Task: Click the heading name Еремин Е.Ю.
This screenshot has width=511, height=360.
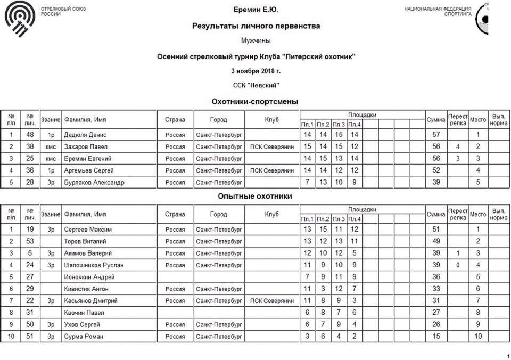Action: pos(256,10)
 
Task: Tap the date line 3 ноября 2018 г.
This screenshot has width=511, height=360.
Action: pos(256,71)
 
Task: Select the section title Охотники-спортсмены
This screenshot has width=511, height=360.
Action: pos(255,101)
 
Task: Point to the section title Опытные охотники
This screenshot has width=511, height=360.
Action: pos(255,196)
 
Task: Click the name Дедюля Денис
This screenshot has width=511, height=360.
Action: pos(85,135)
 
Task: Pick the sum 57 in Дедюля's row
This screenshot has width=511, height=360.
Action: pos(436,135)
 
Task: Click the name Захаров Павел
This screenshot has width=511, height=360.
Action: pos(86,146)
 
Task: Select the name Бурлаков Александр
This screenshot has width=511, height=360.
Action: pos(94,182)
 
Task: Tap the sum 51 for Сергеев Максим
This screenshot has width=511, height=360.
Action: pos(436,229)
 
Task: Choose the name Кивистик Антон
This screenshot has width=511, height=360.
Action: pos(86,289)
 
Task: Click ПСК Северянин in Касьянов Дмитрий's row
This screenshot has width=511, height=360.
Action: pos(272,300)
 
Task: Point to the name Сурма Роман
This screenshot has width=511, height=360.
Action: pos(84,336)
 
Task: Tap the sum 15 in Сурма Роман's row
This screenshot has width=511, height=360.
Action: pos(436,336)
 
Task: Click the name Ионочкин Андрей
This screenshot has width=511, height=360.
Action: pos(89,277)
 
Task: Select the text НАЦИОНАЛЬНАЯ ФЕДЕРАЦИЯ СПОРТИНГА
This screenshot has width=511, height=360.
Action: pos(438,12)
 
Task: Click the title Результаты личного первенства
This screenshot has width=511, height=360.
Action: pos(256,26)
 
